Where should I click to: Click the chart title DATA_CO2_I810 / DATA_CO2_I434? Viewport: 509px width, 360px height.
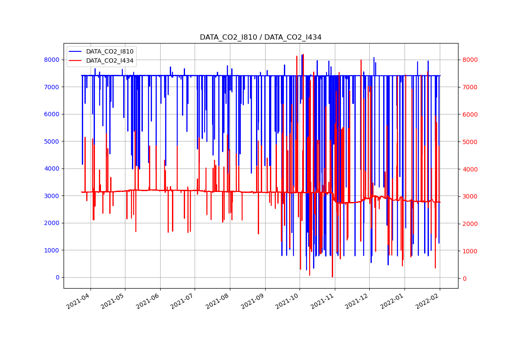coord(260,37)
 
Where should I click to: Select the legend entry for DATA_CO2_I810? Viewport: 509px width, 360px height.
coord(110,52)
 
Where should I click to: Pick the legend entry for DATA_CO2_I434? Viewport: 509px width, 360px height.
coord(110,61)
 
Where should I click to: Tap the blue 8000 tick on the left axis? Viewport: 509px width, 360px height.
coord(52,60)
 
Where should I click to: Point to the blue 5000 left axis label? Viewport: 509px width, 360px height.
coord(52,141)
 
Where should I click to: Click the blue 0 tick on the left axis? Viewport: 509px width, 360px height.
coord(57,277)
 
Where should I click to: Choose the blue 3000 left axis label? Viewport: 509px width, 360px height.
coord(52,196)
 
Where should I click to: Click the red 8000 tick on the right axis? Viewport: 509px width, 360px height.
coord(470,60)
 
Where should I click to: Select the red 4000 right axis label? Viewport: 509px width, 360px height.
coord(470,169)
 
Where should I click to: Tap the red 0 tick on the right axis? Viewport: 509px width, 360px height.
coord(464,279)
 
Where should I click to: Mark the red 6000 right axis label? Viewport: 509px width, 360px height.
coord(470,114)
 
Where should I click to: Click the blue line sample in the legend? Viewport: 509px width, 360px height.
coord(76,52)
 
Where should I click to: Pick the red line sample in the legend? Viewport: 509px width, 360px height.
coord(76,61)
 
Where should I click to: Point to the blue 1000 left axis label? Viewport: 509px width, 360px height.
coord(52,250)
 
